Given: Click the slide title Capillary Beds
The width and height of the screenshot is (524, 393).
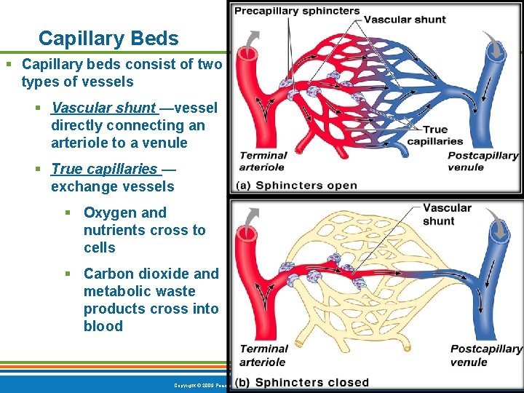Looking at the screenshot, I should point(108,38).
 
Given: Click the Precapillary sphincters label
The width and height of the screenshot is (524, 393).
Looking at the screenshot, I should point(297,11).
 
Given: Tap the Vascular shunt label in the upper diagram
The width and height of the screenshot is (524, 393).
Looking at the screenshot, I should point(404,20).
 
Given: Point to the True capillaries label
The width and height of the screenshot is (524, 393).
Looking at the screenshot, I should point(435,135).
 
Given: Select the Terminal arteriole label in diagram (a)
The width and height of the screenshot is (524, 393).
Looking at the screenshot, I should point(263,161).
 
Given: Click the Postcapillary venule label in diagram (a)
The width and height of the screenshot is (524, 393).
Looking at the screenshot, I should point(483,161).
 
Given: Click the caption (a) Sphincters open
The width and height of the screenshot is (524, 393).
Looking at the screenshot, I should point(296,185).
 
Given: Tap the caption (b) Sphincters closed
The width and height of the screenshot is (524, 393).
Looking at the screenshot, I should point(302,382).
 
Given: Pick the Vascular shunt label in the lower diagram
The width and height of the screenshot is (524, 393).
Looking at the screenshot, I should point(447,214).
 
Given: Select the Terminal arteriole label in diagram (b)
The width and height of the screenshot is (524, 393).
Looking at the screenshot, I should point(263,355).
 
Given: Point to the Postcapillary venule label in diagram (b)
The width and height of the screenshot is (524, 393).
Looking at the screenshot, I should point(485,355).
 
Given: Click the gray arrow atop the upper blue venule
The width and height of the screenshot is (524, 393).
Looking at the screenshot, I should point(496,47).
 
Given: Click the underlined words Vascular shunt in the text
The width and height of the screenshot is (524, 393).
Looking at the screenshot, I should point(103,108).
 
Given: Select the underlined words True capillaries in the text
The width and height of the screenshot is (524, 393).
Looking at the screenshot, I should point(104,169).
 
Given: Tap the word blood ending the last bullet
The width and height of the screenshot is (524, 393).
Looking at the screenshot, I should point(103,326).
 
